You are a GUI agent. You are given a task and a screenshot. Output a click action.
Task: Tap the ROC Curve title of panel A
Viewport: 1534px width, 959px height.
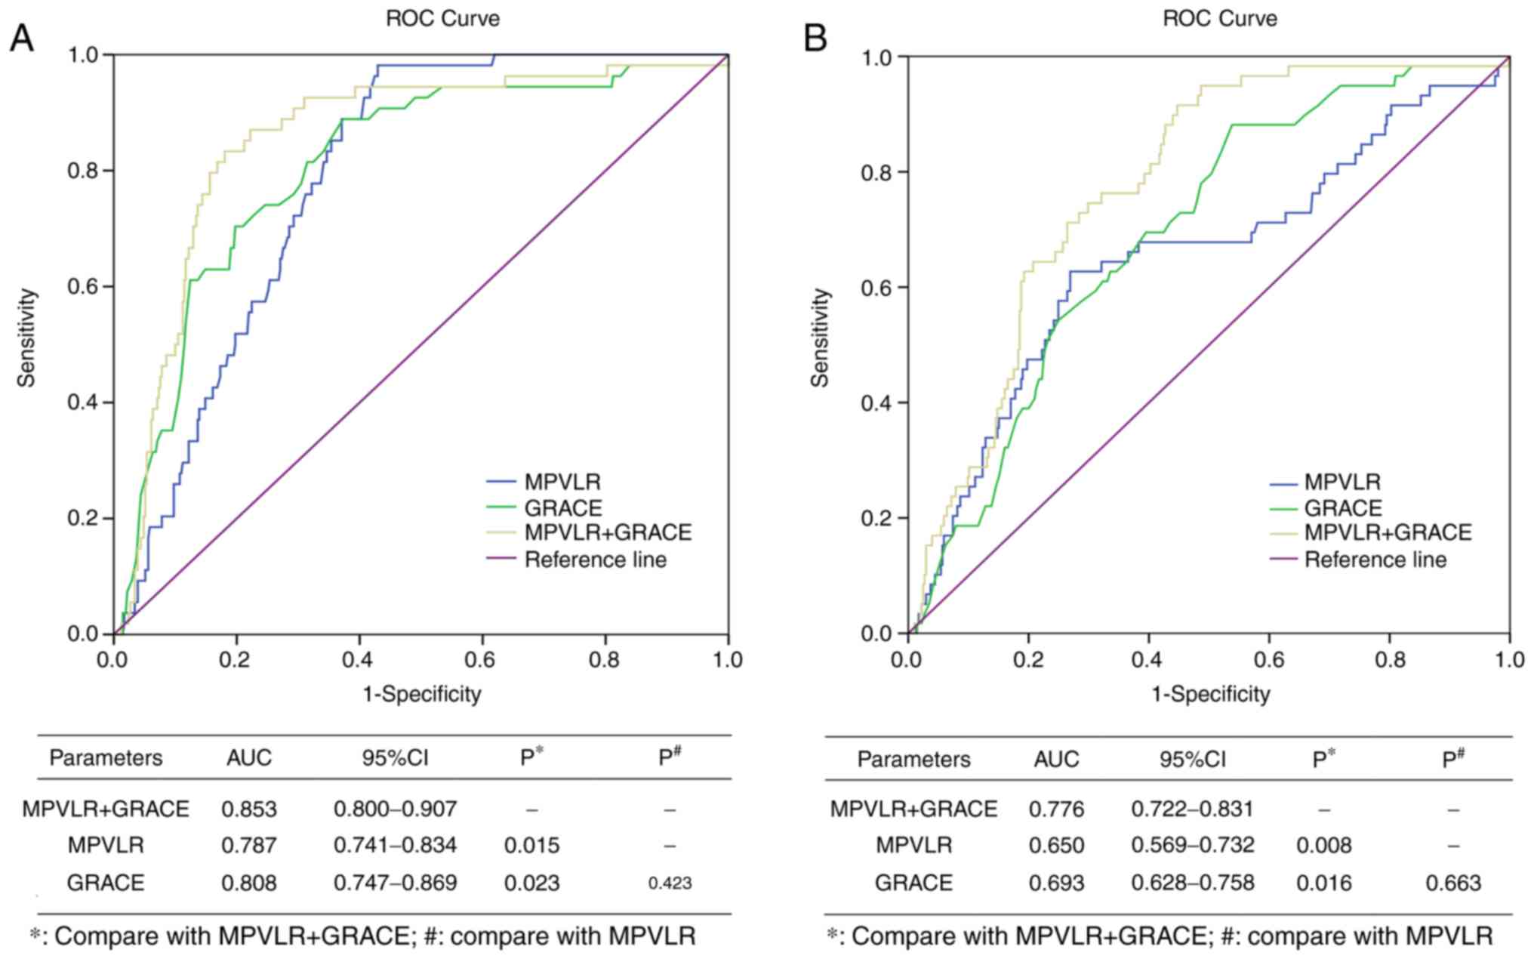442,18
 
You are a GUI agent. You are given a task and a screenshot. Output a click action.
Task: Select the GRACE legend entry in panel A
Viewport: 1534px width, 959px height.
563,507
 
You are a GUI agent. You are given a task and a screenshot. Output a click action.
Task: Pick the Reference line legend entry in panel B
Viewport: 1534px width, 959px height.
1375,560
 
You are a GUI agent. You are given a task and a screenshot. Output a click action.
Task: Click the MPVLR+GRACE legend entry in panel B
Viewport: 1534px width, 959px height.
1388,533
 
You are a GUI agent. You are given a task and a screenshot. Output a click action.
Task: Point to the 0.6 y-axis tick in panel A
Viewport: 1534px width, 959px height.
84,287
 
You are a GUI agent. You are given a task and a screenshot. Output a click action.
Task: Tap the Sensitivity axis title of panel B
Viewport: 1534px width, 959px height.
820,338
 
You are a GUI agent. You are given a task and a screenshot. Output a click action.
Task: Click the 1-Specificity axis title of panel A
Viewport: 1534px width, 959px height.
422,693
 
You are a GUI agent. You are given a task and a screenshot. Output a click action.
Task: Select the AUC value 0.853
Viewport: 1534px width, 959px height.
249,809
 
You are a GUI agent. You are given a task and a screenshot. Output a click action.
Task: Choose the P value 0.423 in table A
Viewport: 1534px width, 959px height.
670,883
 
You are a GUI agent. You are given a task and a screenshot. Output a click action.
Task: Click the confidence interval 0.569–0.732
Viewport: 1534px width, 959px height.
1192,845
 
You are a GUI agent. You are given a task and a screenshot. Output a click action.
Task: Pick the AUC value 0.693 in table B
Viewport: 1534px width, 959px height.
1056,883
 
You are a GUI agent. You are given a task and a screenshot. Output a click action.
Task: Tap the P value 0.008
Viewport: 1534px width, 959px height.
1324,845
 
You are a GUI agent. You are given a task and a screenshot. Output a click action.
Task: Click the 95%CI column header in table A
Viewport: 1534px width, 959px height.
395,757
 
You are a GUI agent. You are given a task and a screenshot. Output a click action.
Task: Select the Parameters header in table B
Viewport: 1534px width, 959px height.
913,759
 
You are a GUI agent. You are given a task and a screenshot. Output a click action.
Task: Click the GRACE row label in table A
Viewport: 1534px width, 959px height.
106,883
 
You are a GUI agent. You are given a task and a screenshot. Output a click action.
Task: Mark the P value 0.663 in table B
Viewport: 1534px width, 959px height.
1453,883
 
